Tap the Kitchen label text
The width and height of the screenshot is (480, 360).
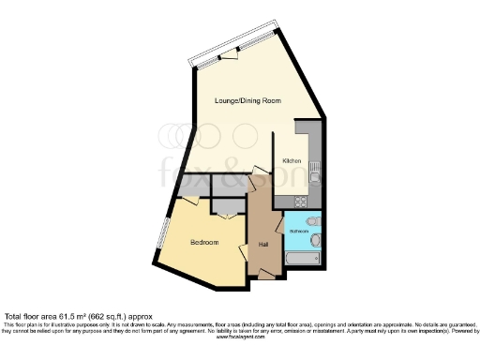click(292, 161)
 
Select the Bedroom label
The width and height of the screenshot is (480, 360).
click(204, 243)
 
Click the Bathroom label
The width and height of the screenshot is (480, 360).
click(299, 230)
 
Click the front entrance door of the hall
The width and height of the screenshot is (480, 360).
click(269, 273)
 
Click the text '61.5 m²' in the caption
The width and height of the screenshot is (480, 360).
click(79, 317)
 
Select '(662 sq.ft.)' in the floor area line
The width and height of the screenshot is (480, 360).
click(113, 317)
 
